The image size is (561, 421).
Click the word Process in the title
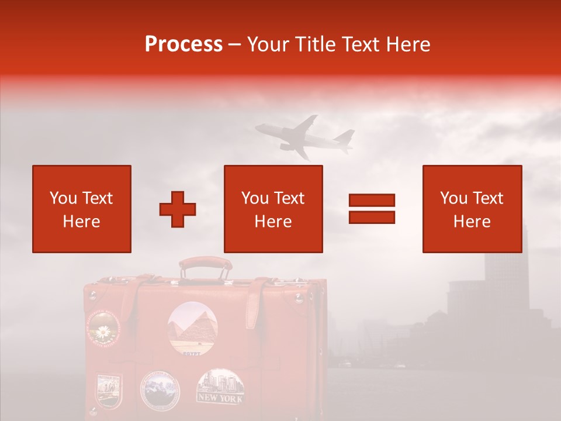(x=183, y=44)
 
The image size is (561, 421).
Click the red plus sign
(x=178, y=209)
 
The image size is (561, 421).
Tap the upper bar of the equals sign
(x=372, y=200)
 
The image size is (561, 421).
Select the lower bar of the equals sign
(x=372, y=217)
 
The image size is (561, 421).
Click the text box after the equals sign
(x=472, y=209)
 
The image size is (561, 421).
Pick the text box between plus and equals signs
(x=273, y=209)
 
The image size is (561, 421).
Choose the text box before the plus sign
(x=82, y=209)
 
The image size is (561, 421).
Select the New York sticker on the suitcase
(x=220, y=387)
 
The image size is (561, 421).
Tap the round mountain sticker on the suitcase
(x=160, y=389)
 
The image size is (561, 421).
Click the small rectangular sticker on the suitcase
(x=109, y=390)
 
